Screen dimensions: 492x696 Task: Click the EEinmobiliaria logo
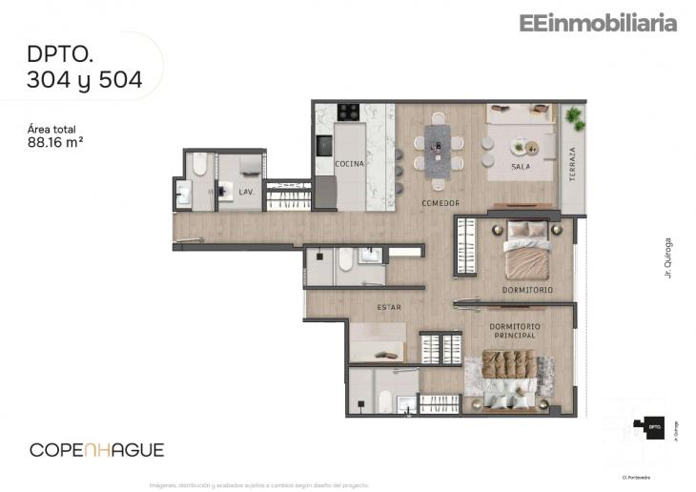[x=598, y=23]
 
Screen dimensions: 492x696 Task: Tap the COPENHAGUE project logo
[x=96, y=449]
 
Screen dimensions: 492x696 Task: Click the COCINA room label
[x=350, y=164]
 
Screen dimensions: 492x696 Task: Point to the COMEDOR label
[x=440, y=203]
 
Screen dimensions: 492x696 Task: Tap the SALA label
[x=521, y=167]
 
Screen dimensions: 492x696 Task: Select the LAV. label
[x=245, y=192]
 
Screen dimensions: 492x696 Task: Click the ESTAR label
[x=388, y=307]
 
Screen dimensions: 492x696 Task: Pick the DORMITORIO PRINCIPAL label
[x=515, y=331]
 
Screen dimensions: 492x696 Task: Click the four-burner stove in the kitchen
[x=349, y=112]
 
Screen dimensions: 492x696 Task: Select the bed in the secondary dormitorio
[x=527, y=250]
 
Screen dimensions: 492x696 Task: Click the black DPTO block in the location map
[x=654, y=428]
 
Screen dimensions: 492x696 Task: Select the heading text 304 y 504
[x=85, y=81]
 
